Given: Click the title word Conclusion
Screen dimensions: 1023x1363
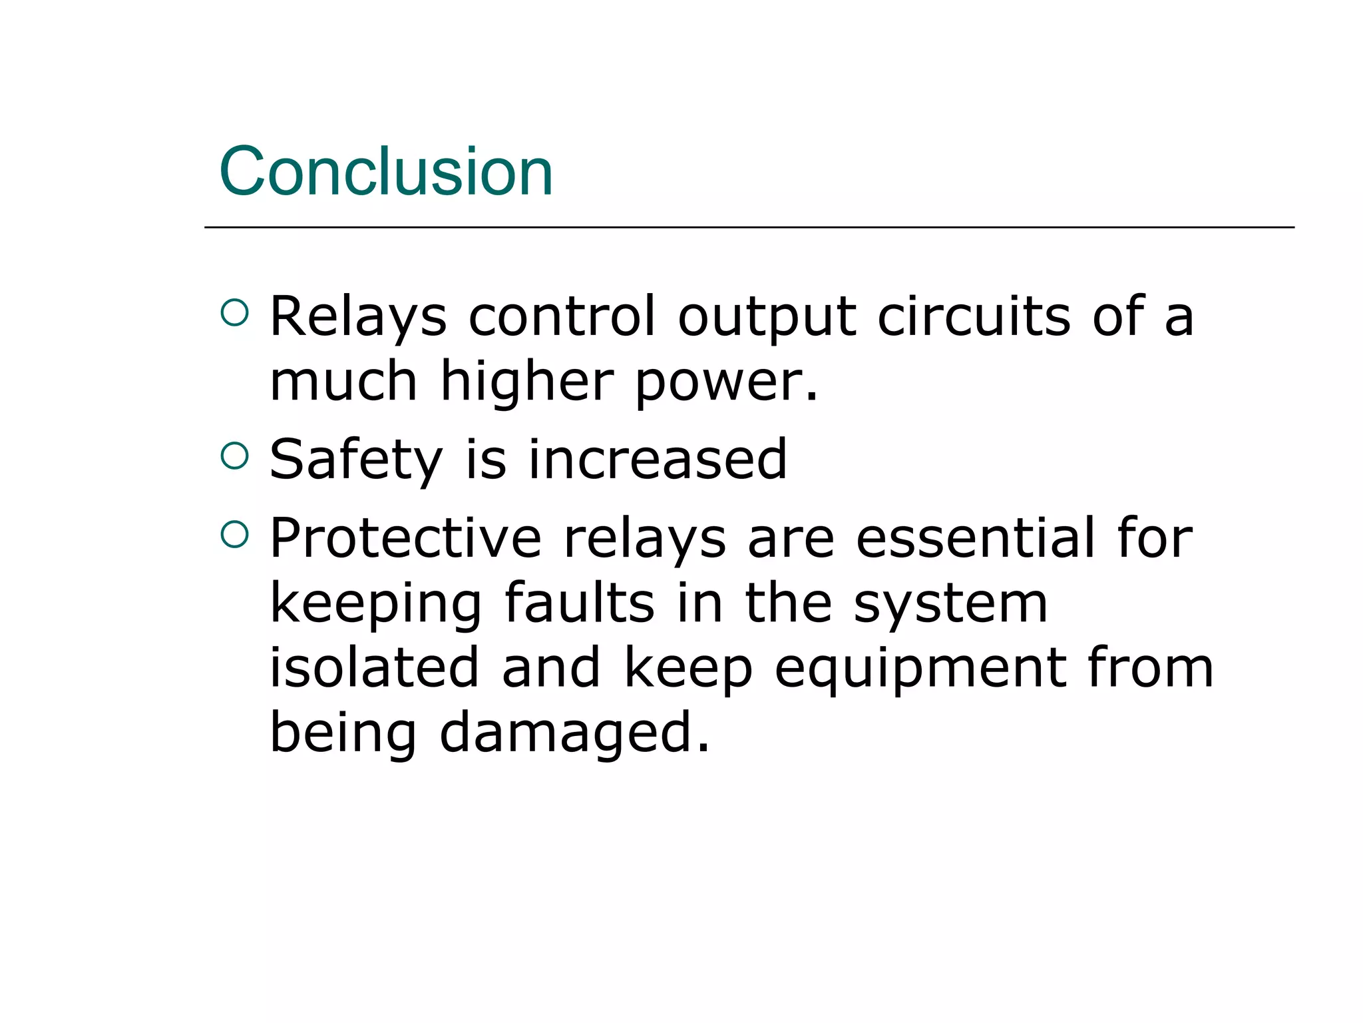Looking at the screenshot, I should [x=386, y=172].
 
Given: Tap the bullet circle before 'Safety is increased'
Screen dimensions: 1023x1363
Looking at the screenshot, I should [x=234, y=456].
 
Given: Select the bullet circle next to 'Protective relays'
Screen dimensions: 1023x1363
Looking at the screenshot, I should [x=234, y=534].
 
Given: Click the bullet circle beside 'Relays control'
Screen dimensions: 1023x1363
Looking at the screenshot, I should [x=234, y=312].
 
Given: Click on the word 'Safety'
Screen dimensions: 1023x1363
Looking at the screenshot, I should [x=356, y=460].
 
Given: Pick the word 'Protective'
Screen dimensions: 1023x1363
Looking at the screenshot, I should [x=405, y=537].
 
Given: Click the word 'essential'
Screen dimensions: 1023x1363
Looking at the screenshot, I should [x=974, y=537].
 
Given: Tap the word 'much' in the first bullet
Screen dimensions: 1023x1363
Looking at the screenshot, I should [x=343, y=381].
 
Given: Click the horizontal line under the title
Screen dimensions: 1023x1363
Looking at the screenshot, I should [x=749, y=228].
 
